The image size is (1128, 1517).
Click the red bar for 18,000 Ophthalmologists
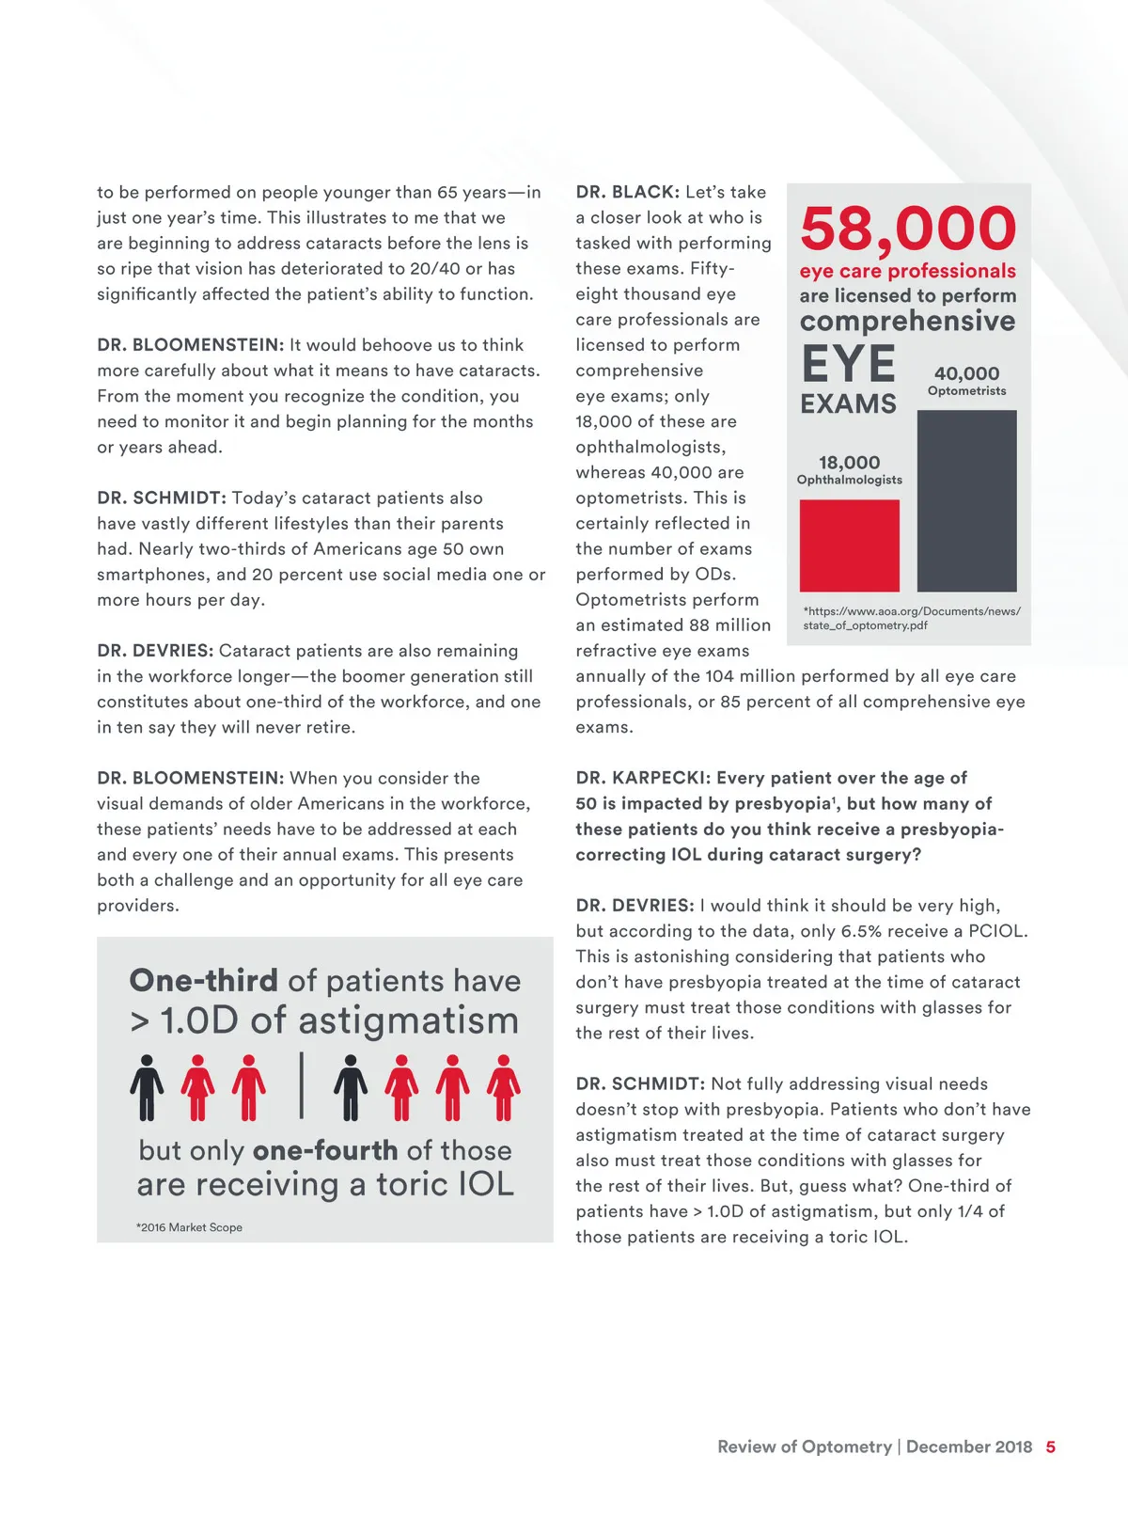click(849, 545)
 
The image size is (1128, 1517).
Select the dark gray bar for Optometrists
click(966, 500)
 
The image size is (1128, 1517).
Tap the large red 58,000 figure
click(908, 229)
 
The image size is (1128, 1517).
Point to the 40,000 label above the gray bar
click(966, 373)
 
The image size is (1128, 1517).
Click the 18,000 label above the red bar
click(849, 463)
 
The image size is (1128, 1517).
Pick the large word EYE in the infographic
click(848, 364)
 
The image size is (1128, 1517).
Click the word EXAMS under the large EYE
click(848, 404)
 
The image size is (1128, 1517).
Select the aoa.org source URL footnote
click(911, 618)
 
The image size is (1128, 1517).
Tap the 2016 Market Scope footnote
click(189, 1227)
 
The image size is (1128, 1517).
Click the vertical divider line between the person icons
click(302, 1085)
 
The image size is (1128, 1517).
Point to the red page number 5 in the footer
click(1050, 1447)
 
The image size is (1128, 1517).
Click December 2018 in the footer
click(968, 1447)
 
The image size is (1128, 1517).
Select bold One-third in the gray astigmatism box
click(204, 981)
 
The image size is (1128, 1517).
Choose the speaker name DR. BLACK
click(627, 192)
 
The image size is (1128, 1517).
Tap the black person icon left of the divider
click(147, 1087)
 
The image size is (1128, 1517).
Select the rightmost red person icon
click(503, 1087)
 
